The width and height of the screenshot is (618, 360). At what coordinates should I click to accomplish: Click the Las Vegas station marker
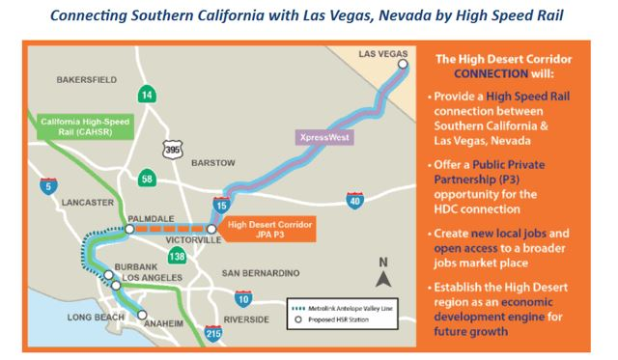[x=403, y=65]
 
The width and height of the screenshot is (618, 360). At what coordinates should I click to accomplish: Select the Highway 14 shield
[x=146, y=94]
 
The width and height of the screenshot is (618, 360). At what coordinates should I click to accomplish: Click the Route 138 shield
[x=178, y=256]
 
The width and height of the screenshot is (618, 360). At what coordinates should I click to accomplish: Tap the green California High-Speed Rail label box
[x=80, y=127]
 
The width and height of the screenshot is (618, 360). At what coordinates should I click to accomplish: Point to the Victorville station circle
[x=211, y=230]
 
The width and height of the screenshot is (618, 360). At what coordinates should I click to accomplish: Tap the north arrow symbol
[x=382, y=278]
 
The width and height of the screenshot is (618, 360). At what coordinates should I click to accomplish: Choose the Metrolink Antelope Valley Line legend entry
[x=335, y=309]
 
